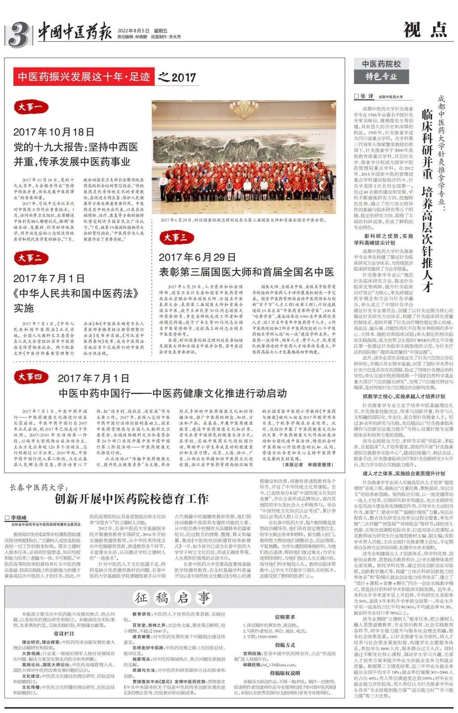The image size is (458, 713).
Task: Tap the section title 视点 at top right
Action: click(x=424, y=30)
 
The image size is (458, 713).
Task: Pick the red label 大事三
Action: click(x=175, y=238)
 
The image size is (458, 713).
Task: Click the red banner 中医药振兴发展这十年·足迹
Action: click(x=85, y=77)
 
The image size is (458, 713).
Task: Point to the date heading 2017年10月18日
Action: click(x=54, y=132)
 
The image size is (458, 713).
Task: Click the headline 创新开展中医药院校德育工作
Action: click(x=131, y=498)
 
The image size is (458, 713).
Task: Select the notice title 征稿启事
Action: click(x=172, y=597)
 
